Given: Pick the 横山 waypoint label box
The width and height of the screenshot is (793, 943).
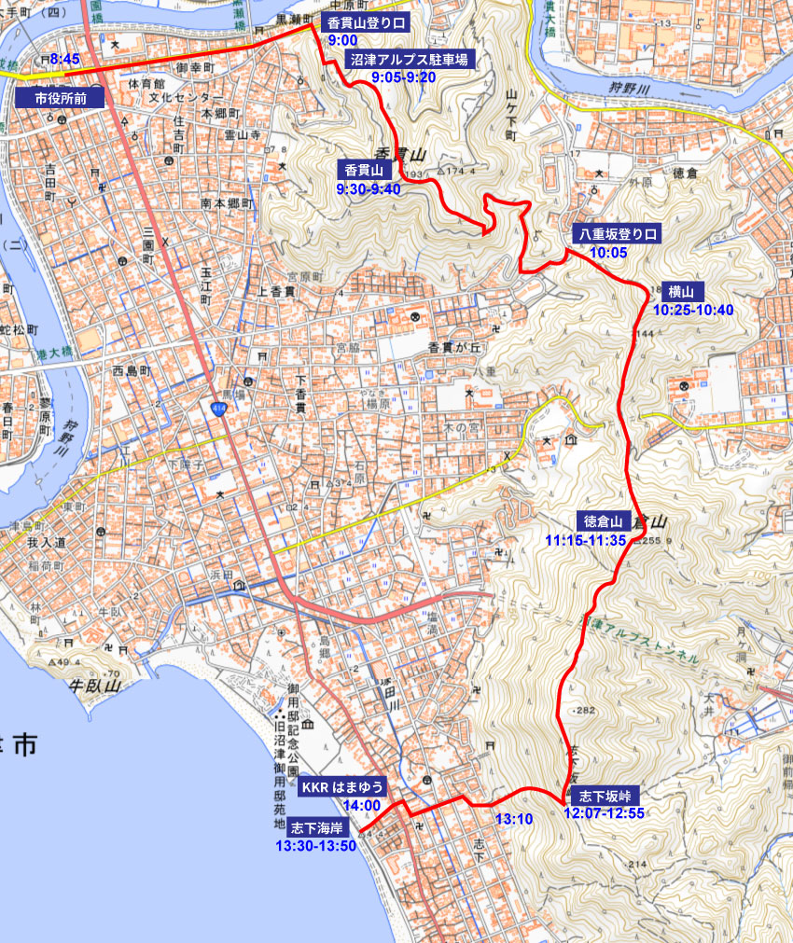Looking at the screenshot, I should tap(682, 290).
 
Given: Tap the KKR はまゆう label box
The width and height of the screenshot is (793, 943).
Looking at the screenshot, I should tap(342, 787).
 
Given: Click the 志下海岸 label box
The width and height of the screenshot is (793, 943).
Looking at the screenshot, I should tap(318, 827).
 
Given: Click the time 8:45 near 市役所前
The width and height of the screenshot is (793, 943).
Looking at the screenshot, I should tap(65, 59).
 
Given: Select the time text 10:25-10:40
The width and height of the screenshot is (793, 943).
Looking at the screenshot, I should tap(693, 309).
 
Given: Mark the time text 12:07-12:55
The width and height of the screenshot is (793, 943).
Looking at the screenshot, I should tap(605, 812).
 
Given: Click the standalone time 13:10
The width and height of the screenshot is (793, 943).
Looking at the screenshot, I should tap(513, 819).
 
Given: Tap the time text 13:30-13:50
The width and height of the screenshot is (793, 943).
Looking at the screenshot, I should tap(315, 845).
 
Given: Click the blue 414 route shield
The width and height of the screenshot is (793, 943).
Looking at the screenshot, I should tap(219, 408).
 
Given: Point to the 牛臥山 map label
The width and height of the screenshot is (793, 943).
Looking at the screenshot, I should tap(97, 686).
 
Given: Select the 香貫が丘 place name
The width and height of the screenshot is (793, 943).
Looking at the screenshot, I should tap(452, 347).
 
